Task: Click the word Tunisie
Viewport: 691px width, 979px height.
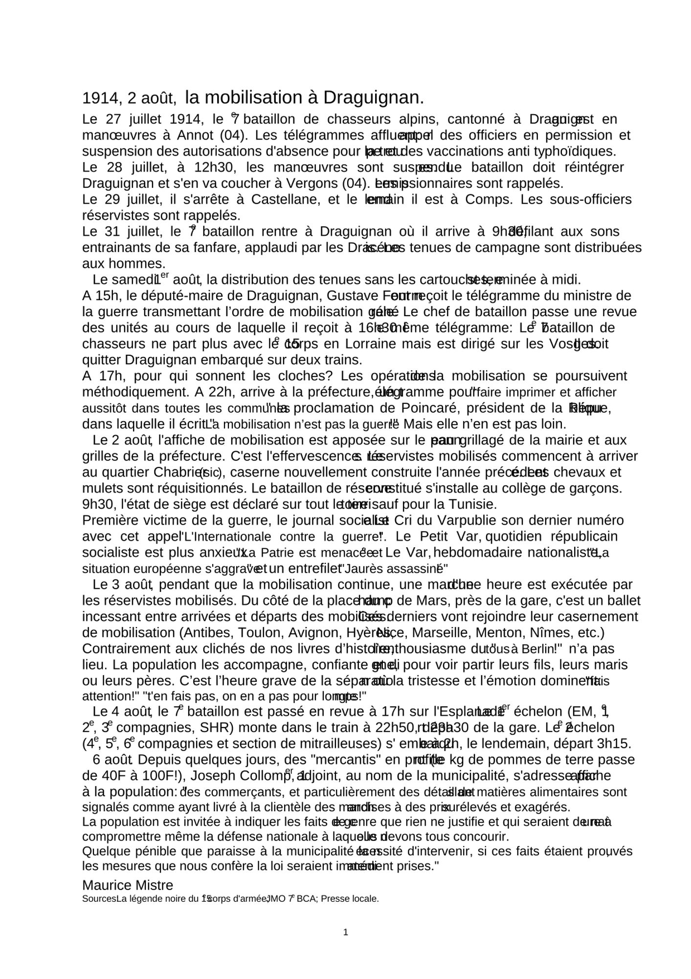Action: click(472, 504)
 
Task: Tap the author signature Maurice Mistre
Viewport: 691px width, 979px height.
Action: click(128, 885)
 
